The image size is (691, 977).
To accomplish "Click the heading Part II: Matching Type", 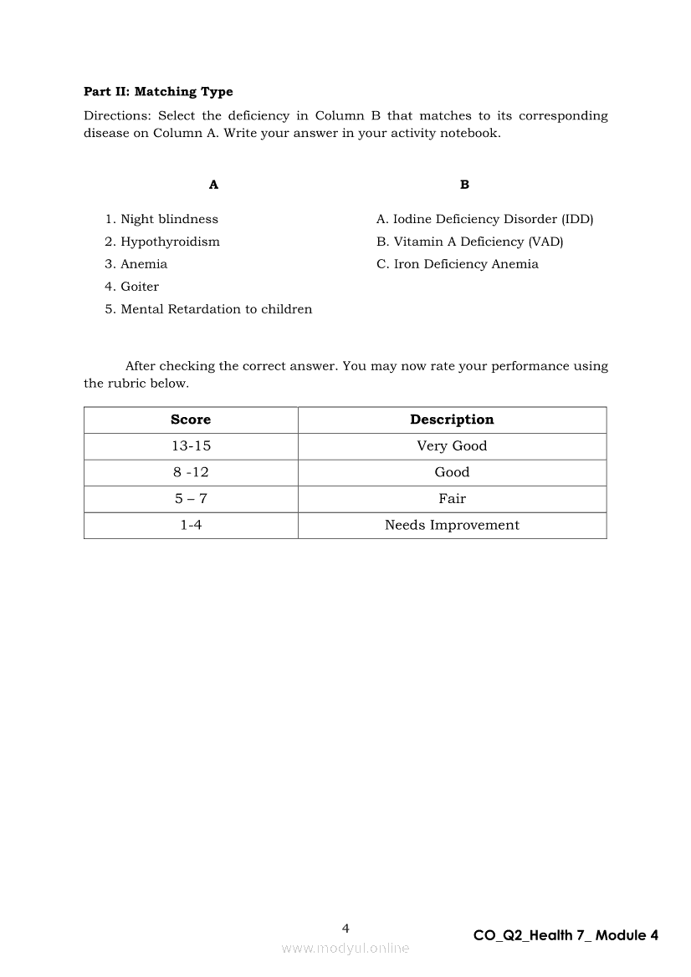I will pyautogui.click(x=158, y=92).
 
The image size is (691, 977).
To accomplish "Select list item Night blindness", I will pyautogui.click(x=168, y=219).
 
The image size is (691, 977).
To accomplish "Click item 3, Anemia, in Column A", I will pyautogui.click(x=143, y=264).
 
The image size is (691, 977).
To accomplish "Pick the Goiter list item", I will pyautogui.click(x=139, y=287).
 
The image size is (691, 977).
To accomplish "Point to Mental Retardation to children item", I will pyautogui.click(x=216, y=309).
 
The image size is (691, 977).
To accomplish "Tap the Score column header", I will pyautogui.click(x=191, y=420).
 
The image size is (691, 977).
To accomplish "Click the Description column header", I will pyautogui.click(x=452, y=420).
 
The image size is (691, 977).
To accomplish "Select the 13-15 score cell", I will pyautogui.click(x=191, y=446).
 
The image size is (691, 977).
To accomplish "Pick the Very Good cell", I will pyautogui.click(x=452, y=446).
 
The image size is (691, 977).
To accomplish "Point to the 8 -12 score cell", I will pyautogui.click(x=191, y=472).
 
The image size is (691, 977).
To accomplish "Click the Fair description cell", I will pyautogui.click(x=452, y=499).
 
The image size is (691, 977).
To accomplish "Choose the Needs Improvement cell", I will pyautogui.click(x=452, y=525).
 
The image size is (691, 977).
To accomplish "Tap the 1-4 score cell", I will pyautogui.click(x=191, y=525).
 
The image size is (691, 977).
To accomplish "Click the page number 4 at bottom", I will pyautogui.click(x=345, y=928).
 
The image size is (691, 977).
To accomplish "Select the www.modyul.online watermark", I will pyautogui.click(x=345, y=948).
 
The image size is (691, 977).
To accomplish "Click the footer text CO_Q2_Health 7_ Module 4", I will pyautogui.click(x=566, y=935).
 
